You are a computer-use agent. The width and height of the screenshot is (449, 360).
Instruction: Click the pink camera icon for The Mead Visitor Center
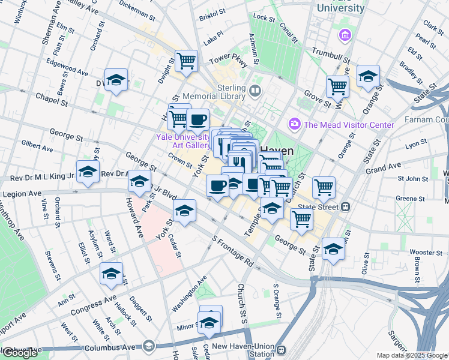click(295, 124)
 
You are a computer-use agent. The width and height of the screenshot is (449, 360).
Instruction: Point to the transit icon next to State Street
click(345, 206)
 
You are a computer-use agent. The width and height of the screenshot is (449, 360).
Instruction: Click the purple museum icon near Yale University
click(344, 35)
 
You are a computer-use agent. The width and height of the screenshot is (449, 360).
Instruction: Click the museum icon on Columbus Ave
click(149, 346)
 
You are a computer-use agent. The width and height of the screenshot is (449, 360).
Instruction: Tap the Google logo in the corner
click(20, 353)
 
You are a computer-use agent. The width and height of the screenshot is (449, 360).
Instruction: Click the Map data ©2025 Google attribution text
click(411, 355)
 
